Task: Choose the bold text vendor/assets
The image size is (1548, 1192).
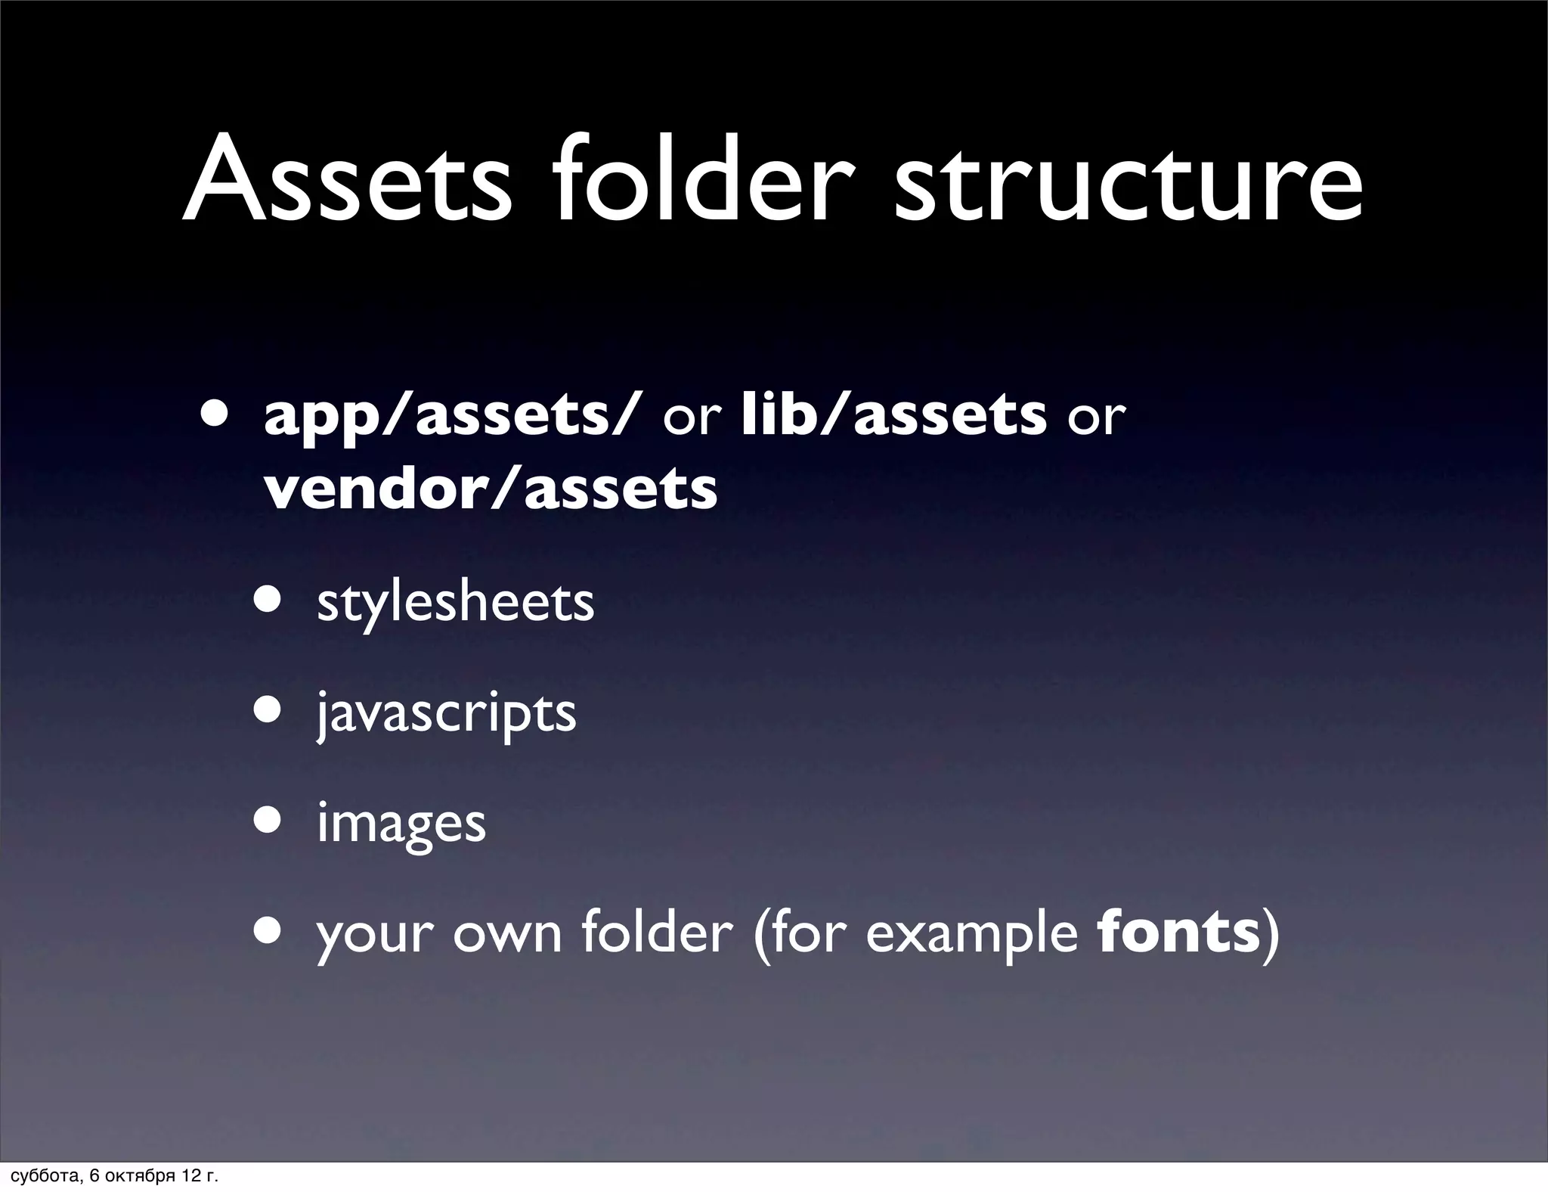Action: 491,489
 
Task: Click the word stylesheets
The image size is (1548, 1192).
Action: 455,603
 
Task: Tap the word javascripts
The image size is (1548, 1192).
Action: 446,713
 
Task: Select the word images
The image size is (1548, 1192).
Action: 401,824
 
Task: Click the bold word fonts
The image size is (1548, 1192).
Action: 1178,932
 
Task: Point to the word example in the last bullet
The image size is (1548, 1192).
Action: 971,935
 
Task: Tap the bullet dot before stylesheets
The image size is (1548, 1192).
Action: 268,600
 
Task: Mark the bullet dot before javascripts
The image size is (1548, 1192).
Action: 268,710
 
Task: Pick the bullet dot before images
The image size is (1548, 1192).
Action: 268,820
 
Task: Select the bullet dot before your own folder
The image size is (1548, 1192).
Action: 268,930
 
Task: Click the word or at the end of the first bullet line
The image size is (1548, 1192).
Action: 1097,417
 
